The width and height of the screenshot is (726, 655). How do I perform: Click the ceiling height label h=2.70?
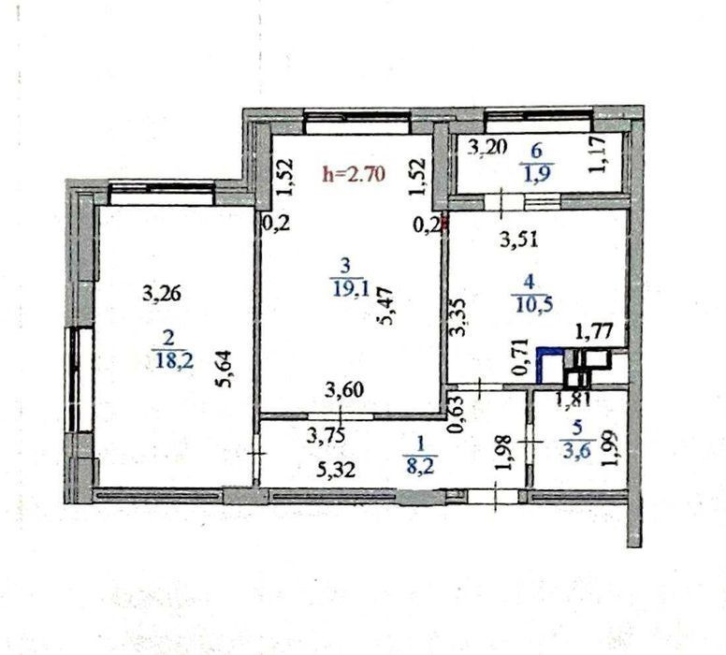point(354,174)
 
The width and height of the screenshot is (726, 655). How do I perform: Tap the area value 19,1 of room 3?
point(351,289)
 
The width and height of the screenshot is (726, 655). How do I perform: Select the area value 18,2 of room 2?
point(174,360)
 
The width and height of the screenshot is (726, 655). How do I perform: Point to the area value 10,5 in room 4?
point(532,305)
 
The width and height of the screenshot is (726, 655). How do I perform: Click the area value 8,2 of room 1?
point(420,465)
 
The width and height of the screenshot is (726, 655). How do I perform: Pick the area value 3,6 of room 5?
point(576,449)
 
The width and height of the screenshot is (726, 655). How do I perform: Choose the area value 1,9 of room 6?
point(537,173)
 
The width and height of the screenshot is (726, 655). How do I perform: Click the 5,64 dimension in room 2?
point(226,370)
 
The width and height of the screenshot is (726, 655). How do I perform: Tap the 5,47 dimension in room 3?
point(385,306)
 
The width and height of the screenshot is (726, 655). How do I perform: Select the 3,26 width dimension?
point(162,294)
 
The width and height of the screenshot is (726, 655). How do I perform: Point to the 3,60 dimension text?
point(344,390)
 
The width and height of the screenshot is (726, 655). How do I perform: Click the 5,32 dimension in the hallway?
point(336,470)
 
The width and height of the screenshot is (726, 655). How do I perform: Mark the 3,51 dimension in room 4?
point(519,240)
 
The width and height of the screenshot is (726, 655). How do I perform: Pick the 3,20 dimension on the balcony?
point(487,148)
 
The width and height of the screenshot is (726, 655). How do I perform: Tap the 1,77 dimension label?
point(594,331)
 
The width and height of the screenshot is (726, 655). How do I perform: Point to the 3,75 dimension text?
point(327,435)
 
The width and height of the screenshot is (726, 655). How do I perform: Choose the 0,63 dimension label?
point(456,414)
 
